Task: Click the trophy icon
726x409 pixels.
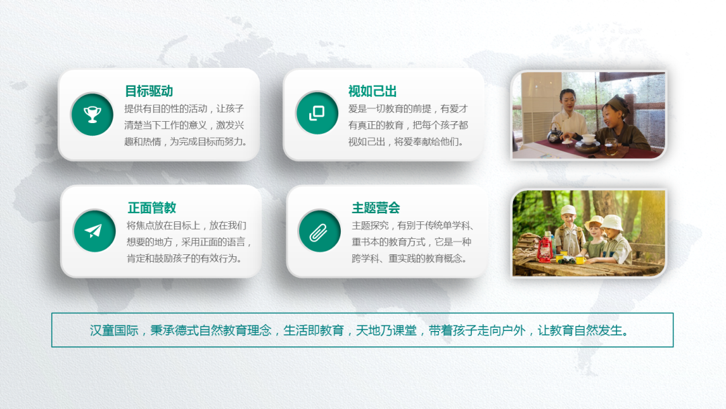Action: pos(92,114)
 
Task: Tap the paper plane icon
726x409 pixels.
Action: pos(93,231)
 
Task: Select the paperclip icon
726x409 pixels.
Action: pos(319,232)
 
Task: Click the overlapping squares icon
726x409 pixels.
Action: pos(317,113)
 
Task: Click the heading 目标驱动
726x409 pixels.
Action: pos(149,91)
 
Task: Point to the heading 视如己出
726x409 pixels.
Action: pos(372,91)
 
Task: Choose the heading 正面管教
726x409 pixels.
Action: pos(152,207)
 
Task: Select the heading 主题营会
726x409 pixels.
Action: pos(376,207)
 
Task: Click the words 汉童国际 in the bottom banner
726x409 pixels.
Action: pos(114,330)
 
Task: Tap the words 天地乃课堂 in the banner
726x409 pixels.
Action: pos(386,330)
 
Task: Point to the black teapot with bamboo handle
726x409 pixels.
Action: pos(554,134)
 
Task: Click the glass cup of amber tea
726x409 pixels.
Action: pos(610,147)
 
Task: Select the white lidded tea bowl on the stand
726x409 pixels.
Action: pos(588,138)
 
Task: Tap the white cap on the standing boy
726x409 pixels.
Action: pos(569,211)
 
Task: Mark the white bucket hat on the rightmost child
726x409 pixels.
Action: pos(612,223)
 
